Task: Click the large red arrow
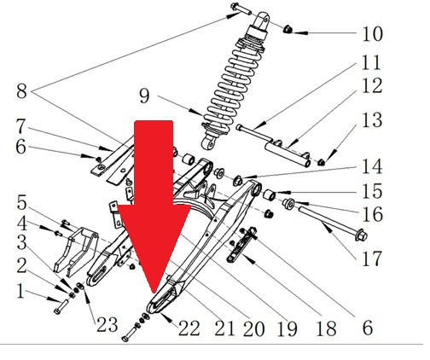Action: tap(154, 199)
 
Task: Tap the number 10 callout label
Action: tap(372, 34)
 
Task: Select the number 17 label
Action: tap(371, 258)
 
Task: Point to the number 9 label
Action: tap(144, 96)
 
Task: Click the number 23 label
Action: tap(107, 324)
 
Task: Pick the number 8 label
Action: tap(22, 91)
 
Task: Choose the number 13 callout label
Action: tap(372, 120)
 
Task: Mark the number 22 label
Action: tap(189, 328)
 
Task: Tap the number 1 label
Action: tap(20, 291)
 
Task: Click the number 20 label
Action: tap(254, 328)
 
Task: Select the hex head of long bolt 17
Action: tap(362, 235)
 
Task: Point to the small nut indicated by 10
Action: tap(288, 29)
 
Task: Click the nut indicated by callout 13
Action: tap(321, 162)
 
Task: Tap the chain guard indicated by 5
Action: tap(76, 252)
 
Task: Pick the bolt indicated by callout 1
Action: tap(61, 307)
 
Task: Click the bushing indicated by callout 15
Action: tap(269, 195)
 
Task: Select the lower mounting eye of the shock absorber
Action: tap(208, 143)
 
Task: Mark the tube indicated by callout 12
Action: tap(288, 153)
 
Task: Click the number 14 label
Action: tap(372, 167)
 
